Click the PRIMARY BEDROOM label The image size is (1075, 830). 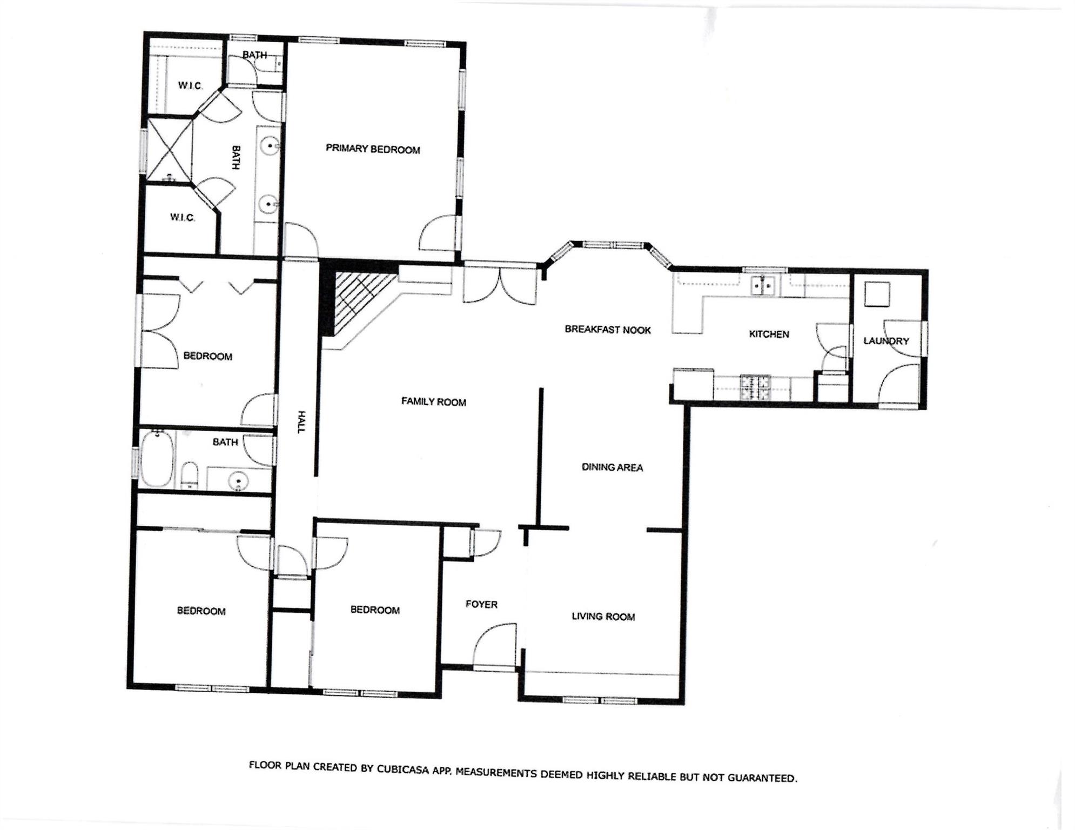[x=373, y=149]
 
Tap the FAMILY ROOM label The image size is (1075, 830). [x=433, y=401]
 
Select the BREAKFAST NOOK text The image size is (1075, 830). [x=608, y=330]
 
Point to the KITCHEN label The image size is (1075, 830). [x=769, y=334]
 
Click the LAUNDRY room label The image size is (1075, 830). [x=886, y=341]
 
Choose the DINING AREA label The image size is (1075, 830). [x=612, y=467]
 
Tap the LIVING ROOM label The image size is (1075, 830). [x=603, y=617]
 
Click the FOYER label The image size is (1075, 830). [x=481, y=604]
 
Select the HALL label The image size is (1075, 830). [x=301, y=422]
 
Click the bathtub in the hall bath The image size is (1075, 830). [x=157, y=459]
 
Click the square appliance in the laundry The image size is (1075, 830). [x=877, y=294]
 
